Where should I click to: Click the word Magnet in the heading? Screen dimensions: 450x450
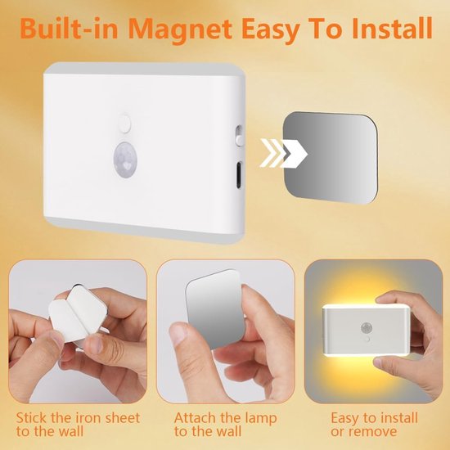point(180,29)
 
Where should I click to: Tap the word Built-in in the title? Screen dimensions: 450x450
point(70,29)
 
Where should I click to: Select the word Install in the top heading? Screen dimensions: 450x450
point(391,28)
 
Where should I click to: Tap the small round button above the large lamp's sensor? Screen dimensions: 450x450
point(125,123)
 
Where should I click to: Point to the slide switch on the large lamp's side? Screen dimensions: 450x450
point(239,136)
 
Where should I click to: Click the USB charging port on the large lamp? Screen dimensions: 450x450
point(238,175)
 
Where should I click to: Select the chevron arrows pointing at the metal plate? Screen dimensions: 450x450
point(283,153)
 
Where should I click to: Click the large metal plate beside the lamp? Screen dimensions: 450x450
point(330,158)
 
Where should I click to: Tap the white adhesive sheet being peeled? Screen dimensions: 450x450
point(77,314)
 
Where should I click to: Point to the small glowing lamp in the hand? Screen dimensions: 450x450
point(366,331)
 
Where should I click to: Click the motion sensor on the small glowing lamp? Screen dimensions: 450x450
point(366,327)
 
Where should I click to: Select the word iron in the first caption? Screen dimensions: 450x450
point(86,417)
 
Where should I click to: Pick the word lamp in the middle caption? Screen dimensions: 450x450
point(260,418)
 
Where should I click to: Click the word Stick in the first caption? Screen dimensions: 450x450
point(32,417)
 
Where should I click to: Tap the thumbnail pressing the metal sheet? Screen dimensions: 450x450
point(179,333)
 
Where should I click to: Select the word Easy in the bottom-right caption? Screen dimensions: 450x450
point(344,418)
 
